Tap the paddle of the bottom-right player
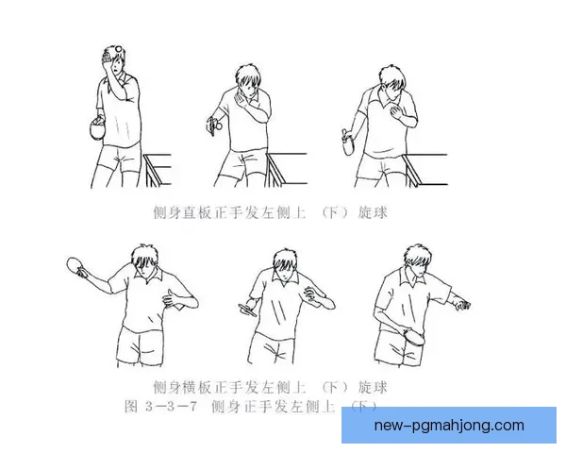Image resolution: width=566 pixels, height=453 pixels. point(414,334)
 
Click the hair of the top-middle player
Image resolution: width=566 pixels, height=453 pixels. point(248,74)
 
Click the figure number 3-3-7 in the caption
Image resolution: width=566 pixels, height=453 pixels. point(170,406)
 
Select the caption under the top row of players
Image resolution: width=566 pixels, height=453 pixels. point(269,213)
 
